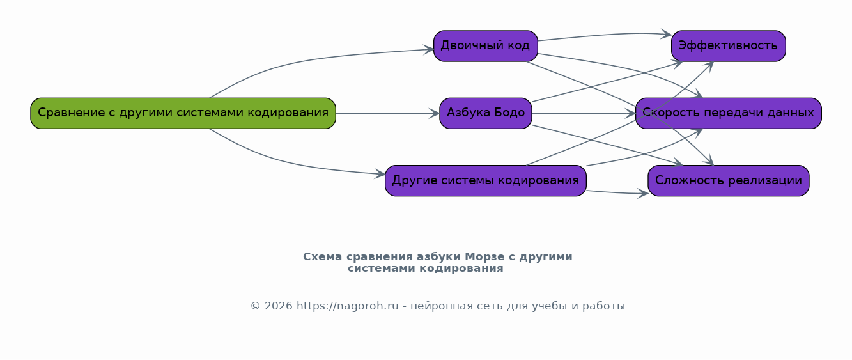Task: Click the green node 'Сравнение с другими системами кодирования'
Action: [183, 113]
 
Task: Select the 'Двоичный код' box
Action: [485, 46]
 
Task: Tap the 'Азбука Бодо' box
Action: [485, 113]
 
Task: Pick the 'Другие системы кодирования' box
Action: [485, 181]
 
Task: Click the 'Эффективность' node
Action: [729, 46]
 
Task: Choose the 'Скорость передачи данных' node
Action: [729, 113]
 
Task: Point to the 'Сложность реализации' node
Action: [729, 181]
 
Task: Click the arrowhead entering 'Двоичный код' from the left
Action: [429, 49]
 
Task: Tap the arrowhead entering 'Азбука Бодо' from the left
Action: [435, 113]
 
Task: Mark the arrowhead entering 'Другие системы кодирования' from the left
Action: [380, 174]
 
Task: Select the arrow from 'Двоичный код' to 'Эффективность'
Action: [605, 35]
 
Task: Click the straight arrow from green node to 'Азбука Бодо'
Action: [387, 113]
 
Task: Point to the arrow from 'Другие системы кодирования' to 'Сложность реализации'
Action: [617, 192]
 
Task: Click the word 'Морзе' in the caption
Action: [484, 257]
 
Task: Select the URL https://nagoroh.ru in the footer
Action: [348, 306]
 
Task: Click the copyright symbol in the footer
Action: [255, 306]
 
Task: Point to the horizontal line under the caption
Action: [438, 285]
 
